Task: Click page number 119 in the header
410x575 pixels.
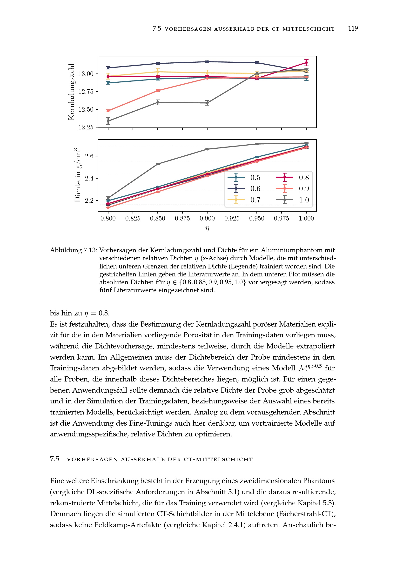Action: click(x=353, y=28)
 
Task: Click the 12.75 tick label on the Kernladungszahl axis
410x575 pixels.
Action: click(x=86, y=92)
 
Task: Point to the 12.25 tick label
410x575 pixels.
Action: click(x=86, y=127)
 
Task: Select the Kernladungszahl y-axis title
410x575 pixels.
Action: click(x=71, y=92)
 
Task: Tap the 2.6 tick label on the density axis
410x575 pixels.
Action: click(x=89, y=156)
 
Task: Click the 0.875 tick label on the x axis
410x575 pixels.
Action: click(x=182, y=218)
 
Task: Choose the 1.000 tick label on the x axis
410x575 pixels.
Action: click(x=306, y=218)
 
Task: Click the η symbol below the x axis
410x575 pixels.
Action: click(x=207, y=228)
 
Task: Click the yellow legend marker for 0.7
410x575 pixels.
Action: click(x=236, y=200)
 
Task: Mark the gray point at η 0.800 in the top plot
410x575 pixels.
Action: click(x=108, y=121)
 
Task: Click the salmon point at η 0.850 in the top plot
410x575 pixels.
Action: click(x=158, y=91)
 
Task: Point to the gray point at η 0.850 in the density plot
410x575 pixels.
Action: click(x=158, y=164)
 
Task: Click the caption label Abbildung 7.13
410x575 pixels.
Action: click(x=73, y=250)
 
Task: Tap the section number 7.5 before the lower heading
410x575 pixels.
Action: click(x=54, y=459)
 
